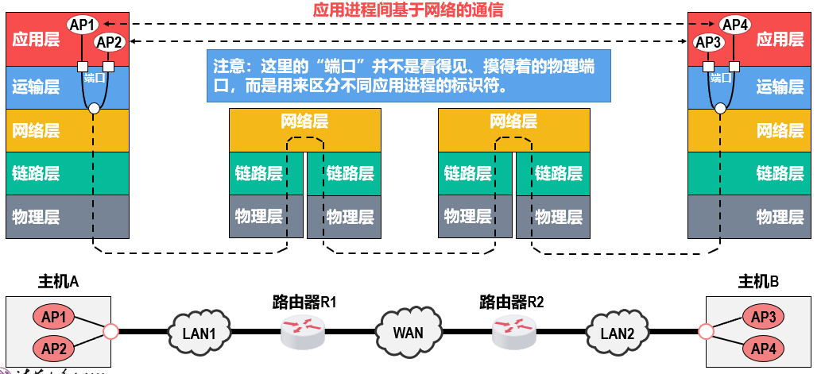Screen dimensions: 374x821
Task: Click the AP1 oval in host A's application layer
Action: tap(82, 25)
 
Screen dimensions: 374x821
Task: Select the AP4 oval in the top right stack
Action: tap(735, 25)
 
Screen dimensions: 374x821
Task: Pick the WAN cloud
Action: tap(408, 330)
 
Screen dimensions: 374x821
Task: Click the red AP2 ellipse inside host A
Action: tap(53, 347)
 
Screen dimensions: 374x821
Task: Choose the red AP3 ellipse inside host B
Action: tap(763, 316)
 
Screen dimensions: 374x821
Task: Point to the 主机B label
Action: tap(759, 281)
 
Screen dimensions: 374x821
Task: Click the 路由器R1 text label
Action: tap(304, 301)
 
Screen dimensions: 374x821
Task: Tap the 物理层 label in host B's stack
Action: tap(780, 216)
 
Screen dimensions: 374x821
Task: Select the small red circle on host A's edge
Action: tap(110, 330)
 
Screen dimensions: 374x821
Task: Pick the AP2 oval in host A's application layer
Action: tap(109, 42)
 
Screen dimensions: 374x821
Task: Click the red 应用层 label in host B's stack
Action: tap(780, 40)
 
